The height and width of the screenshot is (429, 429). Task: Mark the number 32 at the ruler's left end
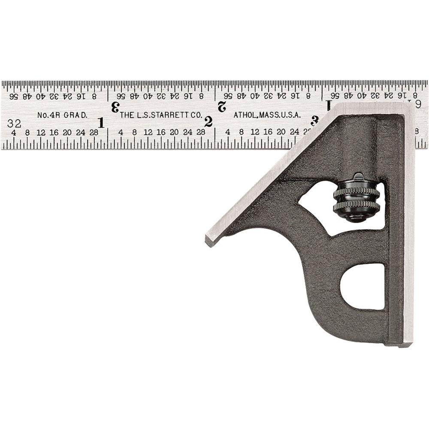pos(14,124)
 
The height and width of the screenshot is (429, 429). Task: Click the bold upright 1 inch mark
pos(101,123)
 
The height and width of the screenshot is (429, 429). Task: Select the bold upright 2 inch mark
pos(208,122)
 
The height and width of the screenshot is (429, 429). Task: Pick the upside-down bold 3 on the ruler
pos(115,107)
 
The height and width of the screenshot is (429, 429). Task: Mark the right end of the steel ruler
pos(426,114)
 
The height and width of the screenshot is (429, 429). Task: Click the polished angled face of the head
pos(270,176)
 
